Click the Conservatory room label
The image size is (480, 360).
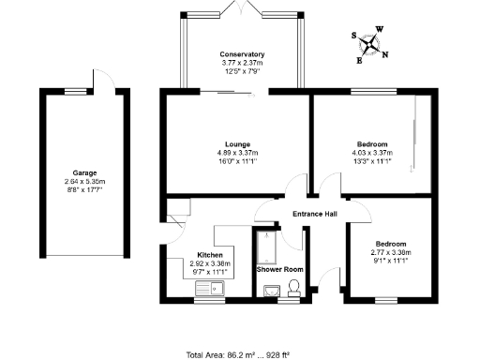coord(242,54)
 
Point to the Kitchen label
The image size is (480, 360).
coord(209,255)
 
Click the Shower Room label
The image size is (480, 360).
coord(280,270)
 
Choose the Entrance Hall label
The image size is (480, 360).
coord(313,214)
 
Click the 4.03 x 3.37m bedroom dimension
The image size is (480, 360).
coord(372,152)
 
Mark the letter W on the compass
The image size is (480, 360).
coord(379,29)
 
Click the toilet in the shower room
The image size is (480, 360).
coord(294,292)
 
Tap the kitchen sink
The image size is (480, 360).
coord(207,291)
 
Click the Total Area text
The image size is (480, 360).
coord(238,353)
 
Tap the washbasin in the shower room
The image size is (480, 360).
coord(273,292)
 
